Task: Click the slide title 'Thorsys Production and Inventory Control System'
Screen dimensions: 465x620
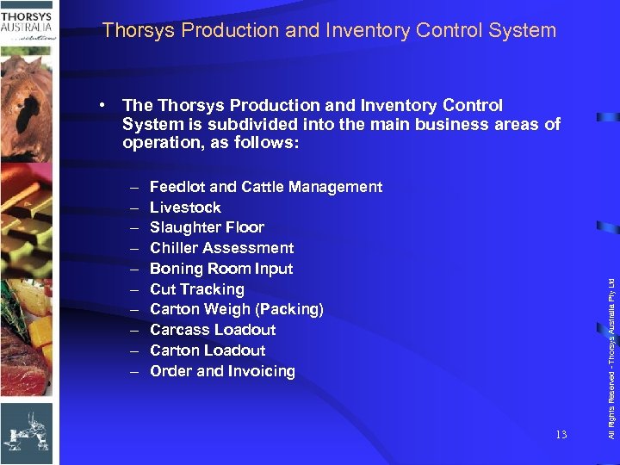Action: pos(329,31)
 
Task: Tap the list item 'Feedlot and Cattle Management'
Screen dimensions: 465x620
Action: pos(265,187)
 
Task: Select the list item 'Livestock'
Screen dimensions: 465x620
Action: pos(185,208)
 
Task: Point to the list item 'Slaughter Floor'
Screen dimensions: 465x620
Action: pos(207,227)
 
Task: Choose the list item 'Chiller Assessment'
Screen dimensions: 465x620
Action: pos(221,248)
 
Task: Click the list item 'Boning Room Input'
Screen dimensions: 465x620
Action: pos(221,269)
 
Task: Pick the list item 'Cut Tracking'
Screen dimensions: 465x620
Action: pos(196,289)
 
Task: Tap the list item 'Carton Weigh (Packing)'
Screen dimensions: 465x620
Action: pos(236,309)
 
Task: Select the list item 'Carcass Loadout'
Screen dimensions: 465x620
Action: pos(213,330)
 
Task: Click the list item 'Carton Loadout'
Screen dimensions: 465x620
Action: pos(208,350)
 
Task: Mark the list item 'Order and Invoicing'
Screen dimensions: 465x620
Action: pos(222,371)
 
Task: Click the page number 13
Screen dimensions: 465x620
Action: pos(561,435)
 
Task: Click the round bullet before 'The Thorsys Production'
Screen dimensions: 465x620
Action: pos(102,105)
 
